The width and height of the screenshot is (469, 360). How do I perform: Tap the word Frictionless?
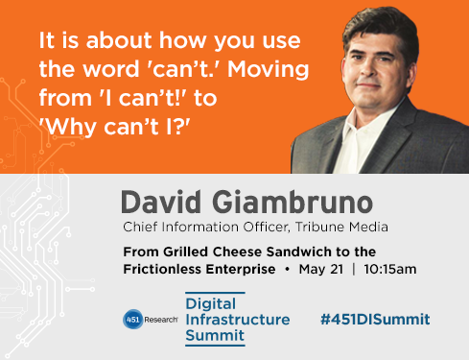click(161, 268)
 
